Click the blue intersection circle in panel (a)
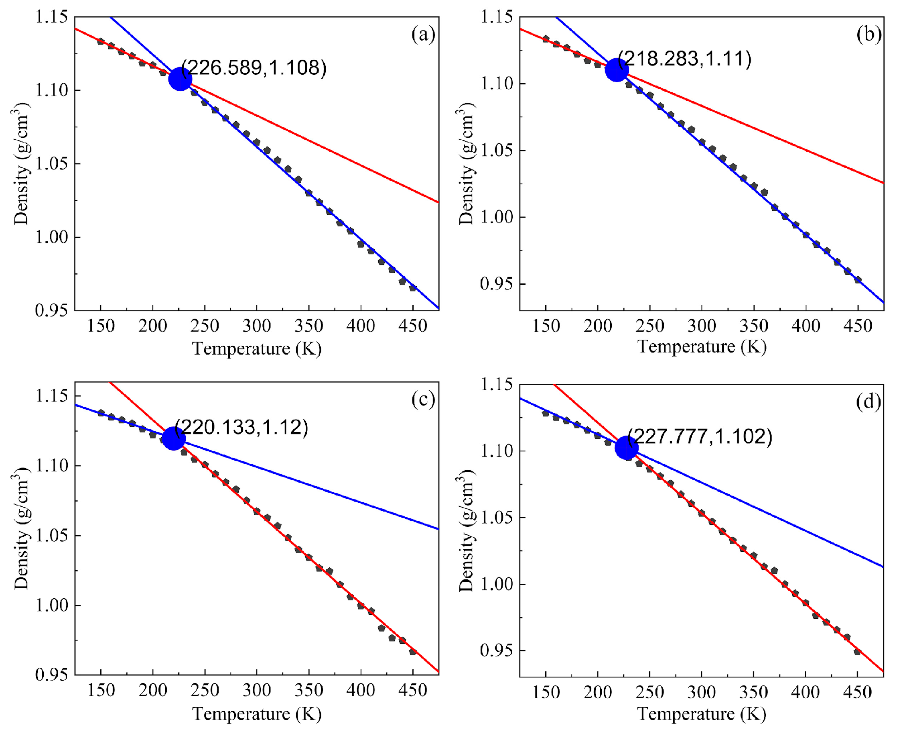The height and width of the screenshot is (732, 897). point(180,79)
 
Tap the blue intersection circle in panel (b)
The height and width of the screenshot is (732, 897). point(617,70)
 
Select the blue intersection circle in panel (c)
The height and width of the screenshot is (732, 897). point(174,438)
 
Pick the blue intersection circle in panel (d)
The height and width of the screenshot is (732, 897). point(627,448)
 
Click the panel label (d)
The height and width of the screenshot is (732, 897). point(869,402)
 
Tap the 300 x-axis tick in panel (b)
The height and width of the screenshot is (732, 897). point(702,326)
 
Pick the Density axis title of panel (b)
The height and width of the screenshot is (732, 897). point(467,163)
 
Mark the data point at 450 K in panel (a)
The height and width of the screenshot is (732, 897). point(413,288)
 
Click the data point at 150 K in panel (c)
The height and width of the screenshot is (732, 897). point(101,413)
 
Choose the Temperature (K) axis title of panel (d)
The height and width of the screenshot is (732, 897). point(702,714)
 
